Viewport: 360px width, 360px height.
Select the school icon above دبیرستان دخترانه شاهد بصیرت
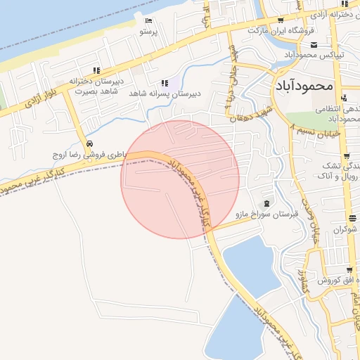(96, 70)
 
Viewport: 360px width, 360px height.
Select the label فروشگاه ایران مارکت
(278, 32)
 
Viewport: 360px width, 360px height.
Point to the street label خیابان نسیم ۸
(316, 131)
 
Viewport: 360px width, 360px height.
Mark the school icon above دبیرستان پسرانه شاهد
(165, 82)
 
